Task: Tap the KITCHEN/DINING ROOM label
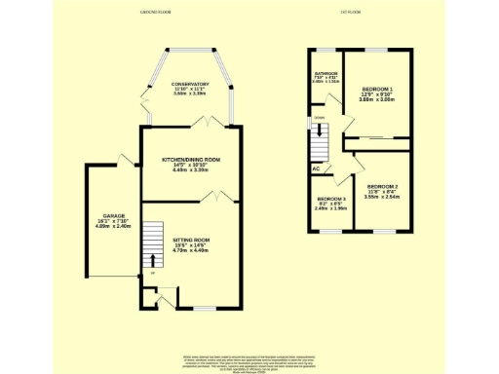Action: (x=191, y=158)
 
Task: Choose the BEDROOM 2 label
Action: (x=382, y=185)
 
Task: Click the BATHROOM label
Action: (x=325, y=74)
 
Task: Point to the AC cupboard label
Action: (x=316, y=168)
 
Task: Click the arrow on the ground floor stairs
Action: (x=152, y=260)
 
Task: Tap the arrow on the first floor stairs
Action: (x=321, y=132)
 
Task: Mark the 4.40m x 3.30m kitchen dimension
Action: (x=191, y=169)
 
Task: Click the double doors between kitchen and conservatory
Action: (x=207, y=122)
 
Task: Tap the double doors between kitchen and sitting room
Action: (x=219, y=198)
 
